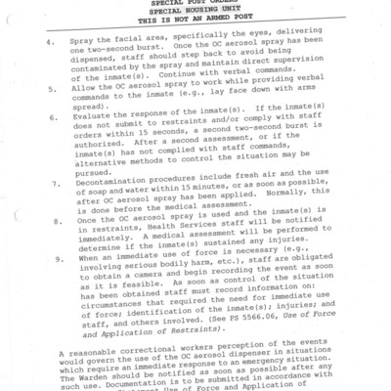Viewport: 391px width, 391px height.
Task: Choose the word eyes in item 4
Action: [x=255, y=45]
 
